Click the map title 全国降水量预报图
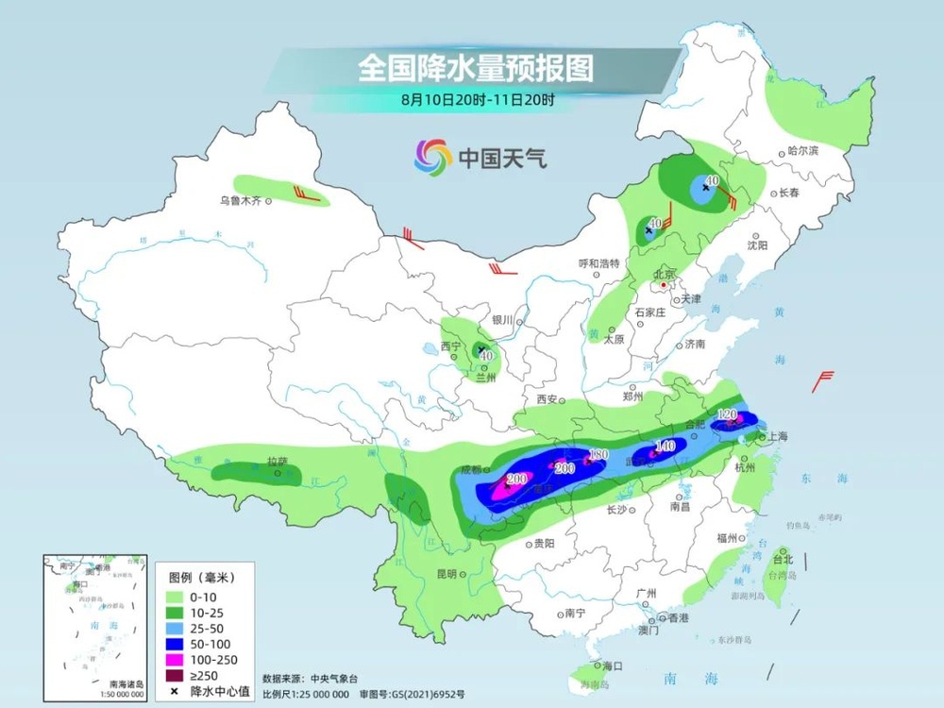pos(475,69)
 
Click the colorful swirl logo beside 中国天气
pos(432,157)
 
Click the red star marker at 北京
pos(666,284)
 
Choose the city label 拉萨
pos(276,462)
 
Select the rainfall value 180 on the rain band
pos(598,456)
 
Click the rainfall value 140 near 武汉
pos(665,446)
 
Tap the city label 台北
pos(783,558)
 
